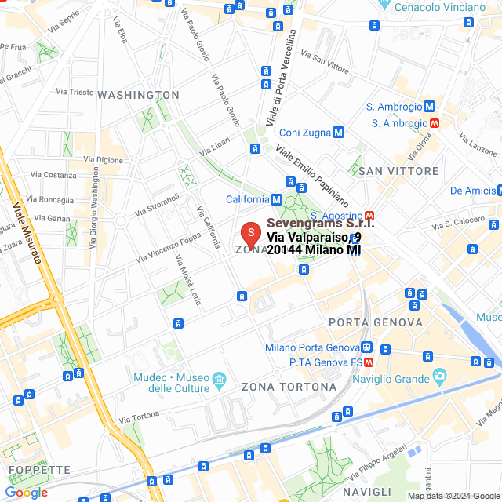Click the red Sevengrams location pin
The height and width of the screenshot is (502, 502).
[x=249, y=233]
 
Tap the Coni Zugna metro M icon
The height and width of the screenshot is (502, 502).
[x=338, y=133]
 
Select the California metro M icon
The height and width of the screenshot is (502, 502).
[x=276, y=199]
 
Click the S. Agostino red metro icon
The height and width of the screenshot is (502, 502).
[x=369, y=216]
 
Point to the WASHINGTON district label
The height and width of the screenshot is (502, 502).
[x=138, y=95]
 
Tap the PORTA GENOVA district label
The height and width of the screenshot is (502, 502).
[x=376, y=322]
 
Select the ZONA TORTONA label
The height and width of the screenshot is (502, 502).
[x=289, y=387]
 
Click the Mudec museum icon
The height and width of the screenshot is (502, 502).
[x=219, y=380]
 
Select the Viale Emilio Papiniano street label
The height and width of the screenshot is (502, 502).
[x=312, y=169]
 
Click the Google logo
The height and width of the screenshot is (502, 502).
[x=26, y=493]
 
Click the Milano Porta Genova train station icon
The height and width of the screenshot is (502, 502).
[x=366, y=347]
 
